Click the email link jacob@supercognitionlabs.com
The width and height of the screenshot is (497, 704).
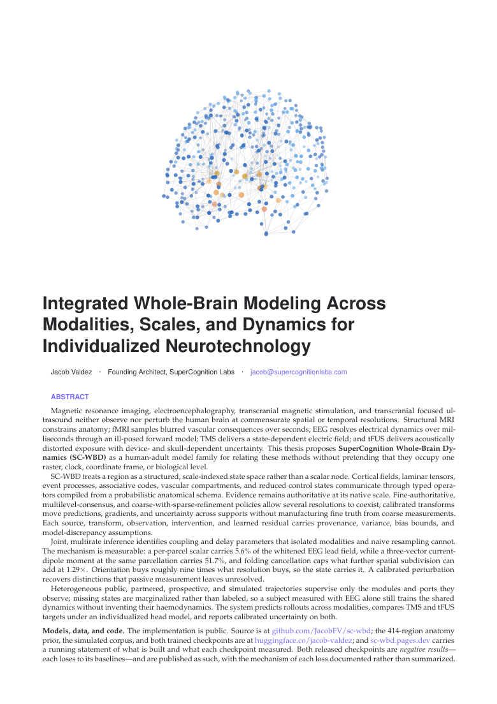298,372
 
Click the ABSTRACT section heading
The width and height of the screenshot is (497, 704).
69,397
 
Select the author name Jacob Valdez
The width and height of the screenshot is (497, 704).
71,372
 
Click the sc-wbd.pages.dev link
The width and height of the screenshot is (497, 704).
400,640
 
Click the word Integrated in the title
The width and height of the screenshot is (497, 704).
85,304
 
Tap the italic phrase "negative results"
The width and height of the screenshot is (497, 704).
424,650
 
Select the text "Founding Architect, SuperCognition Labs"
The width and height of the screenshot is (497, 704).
171,372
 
